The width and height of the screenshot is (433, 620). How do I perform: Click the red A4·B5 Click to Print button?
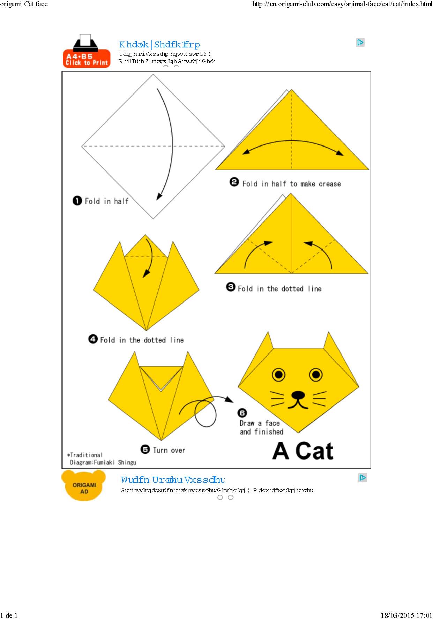pos(87,59)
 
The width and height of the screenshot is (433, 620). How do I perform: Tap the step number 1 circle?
pos(77,201)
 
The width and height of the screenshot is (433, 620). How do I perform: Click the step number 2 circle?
pos(234,182)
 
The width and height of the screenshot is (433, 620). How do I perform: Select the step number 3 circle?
pos(231,287)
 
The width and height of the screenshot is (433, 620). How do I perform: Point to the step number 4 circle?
pos(93,339)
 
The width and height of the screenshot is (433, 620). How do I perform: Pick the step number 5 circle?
pos(145,449)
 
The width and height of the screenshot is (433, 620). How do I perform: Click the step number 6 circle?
pos(242,413)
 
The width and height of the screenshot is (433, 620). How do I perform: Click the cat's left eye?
pos(279,375)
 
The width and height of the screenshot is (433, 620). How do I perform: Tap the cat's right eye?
pos(316,375)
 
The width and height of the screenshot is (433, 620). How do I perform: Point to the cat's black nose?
pos(298,395)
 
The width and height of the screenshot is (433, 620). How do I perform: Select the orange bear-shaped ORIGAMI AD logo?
pos(84,486)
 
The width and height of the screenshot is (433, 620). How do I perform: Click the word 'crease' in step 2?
pos(330,184)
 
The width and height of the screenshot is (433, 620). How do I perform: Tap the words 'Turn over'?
pos(169,450)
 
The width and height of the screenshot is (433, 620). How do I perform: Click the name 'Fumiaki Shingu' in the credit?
pos(115,462)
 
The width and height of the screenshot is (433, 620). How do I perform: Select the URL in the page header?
pos(342,4)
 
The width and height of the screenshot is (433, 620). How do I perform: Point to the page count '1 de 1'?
pos(9,616)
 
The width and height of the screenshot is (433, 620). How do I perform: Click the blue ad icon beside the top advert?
pos(360,43)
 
